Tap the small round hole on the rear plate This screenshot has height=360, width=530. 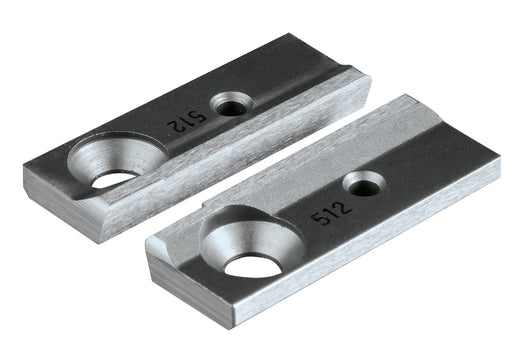232,103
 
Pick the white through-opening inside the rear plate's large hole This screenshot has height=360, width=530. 115,180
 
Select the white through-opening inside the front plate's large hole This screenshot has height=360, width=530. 252,265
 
